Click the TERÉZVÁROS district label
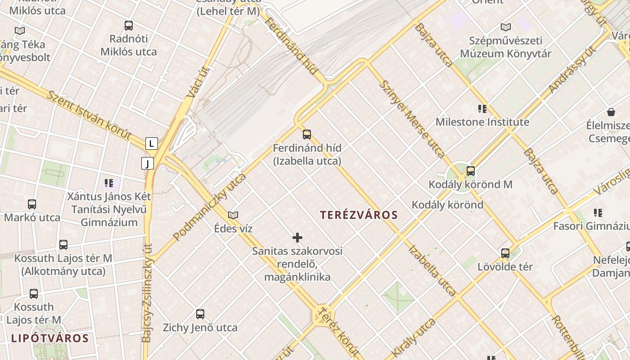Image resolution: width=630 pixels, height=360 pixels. pos(359,215)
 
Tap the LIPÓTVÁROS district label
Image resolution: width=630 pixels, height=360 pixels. pos(49,338)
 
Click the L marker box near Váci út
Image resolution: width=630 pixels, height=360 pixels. pos(152,144)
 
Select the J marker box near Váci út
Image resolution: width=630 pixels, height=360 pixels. pos(148,163)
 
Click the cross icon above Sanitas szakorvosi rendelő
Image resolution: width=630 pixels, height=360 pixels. pos(297,238)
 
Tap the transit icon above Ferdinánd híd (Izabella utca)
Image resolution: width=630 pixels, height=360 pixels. pos(307,134)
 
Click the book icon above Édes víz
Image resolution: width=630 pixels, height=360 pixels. pos(233,216)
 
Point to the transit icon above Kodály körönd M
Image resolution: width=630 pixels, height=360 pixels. pos(471,171)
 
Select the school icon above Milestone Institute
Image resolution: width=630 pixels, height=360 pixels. pos(482,108)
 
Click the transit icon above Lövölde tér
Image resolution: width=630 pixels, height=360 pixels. pos(505,253)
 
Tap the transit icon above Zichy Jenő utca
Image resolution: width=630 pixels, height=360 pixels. pos(200,314)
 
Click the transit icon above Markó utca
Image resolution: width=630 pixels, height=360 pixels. pos(32,204)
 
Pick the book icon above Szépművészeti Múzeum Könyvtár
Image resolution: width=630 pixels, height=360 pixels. pos(506,27)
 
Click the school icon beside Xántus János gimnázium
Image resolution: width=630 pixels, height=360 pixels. pos(109,183)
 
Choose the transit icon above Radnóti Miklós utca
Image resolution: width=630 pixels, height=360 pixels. pos(129,26)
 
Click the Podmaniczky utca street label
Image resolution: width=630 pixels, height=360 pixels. pos(210,207)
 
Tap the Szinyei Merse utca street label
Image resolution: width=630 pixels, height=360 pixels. pos(412,119)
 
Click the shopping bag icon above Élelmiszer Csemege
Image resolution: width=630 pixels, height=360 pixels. pos(611,112)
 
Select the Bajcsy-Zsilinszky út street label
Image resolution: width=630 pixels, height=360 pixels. pos(147,292)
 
